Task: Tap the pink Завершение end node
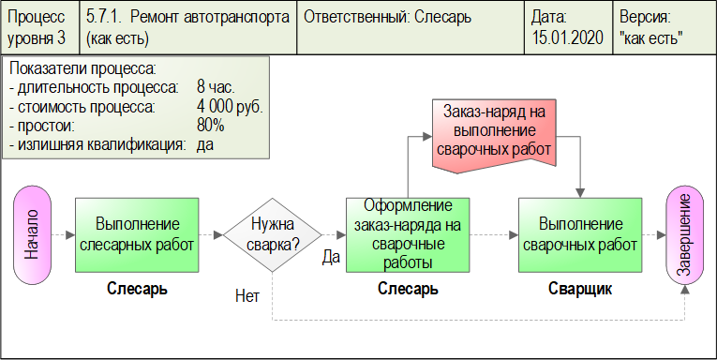[685, 234]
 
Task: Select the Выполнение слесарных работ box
[137, 234]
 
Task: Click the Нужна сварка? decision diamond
[272, 234]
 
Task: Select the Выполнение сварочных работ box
[581, 234]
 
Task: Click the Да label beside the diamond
[330, 257]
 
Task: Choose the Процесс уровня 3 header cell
[37, 28]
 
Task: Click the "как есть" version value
[651, 38]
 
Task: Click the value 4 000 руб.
[230, 107]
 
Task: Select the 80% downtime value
[211, 126]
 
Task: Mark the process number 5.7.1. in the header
[105, 18]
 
